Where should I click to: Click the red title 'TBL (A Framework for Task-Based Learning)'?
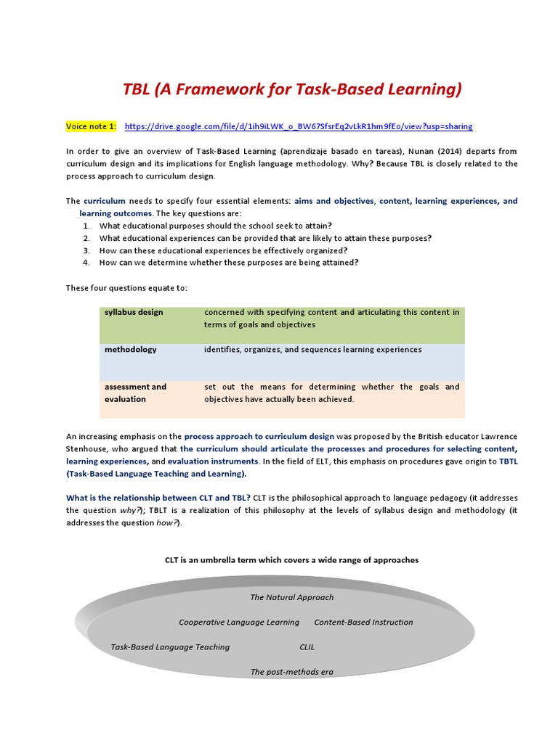[291, 89]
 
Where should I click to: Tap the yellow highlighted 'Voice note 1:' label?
[91, 126]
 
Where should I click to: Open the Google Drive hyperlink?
[299, 126]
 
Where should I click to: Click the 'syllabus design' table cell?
[134, 312]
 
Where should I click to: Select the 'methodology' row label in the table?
[130, 350]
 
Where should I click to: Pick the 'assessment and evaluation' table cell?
[135, 393]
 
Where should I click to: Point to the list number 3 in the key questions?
[86, 250]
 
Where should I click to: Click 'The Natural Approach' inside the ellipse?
[291, 597]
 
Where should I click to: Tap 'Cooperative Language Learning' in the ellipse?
[239, 622]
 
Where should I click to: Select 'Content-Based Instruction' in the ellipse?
[363, 622]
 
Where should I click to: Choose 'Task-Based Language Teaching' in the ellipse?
[170, 646]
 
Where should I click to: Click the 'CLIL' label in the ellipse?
[307, 646]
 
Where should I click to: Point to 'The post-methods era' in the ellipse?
[291, 672]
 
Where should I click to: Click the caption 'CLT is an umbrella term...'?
[291, 560]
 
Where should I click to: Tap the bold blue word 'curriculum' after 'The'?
[105, 201]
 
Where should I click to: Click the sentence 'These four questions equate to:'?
[126, 288]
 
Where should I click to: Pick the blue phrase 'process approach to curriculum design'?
[259, 436]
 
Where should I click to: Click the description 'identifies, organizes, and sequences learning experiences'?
[312, 350]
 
